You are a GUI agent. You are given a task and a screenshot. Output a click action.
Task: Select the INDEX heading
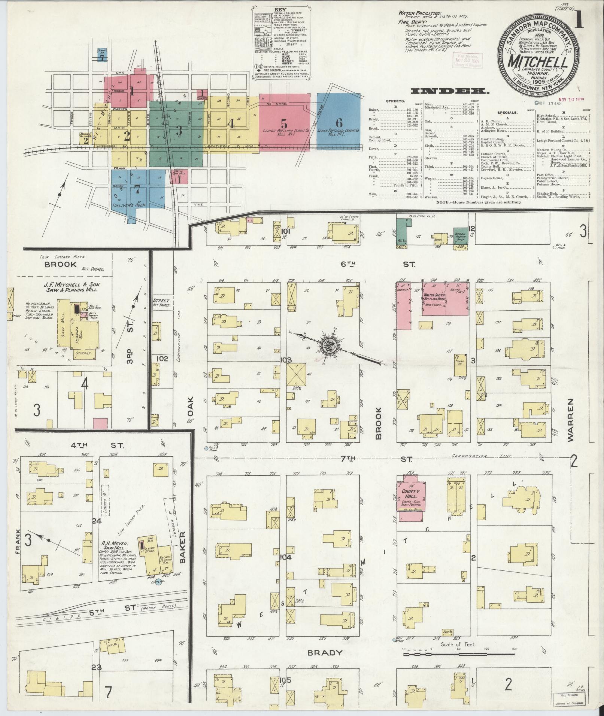(x=449, y=91)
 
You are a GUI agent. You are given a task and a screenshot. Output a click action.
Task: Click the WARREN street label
(x=571, y=420)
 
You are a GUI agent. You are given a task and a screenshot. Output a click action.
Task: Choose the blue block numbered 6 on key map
(x=339, y=122)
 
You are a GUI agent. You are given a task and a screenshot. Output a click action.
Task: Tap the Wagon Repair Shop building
(x=461, y=235)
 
